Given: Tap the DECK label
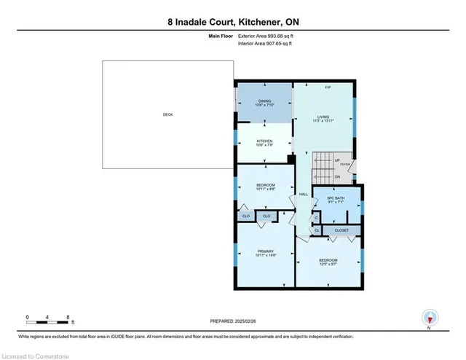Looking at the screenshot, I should (168, 114).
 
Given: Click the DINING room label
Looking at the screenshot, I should (264, 101).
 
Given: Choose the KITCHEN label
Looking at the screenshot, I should (264, 141).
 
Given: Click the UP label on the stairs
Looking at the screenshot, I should (336, 161).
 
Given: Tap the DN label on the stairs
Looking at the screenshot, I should (336, 176).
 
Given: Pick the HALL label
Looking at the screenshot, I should (303, 195).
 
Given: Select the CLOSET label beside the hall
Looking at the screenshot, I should (341, 230).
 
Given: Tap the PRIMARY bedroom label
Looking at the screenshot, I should (264, 251).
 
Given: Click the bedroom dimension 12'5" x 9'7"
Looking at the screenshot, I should (328, 265).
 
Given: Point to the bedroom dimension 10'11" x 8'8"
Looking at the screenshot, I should (264, 189).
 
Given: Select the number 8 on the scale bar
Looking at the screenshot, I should (68, 317).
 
